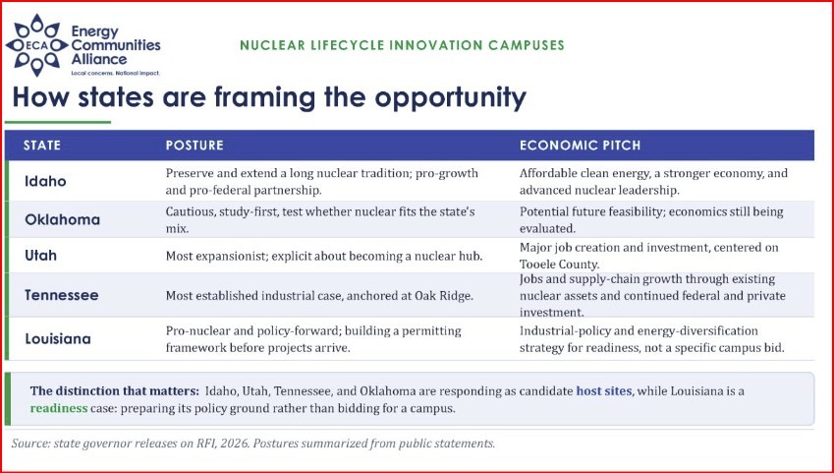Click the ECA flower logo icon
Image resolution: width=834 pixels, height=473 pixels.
[x=36, y=45]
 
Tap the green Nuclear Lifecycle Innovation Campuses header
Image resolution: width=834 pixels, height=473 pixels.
[x=402, y=45]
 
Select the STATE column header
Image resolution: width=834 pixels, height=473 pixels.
[x=42, y=146]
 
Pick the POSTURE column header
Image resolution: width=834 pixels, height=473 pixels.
[x=195, y=146]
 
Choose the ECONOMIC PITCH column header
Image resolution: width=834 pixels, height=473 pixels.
[x=581, y=146]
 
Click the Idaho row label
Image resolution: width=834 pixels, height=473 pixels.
[x=46, y=181]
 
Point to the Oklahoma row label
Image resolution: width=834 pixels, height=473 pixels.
[x=62, y=219]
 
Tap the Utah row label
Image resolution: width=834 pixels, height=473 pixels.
[x=40, y=255]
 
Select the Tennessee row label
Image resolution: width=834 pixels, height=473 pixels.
[x=62, y=295]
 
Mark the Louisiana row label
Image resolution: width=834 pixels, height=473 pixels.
[x=58, y=338]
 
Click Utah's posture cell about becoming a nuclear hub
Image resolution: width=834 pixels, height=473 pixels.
[x=324, y=257]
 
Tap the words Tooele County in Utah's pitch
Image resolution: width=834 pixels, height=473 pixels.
[x=560, y=265]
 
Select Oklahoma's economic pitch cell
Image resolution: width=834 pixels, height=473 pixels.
[x=651, y=220]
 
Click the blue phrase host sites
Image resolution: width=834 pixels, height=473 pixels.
[x=604, y=391]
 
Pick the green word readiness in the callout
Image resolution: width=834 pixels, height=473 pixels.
[x=59, y=408]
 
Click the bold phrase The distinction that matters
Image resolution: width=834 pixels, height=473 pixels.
[x=115, y=391]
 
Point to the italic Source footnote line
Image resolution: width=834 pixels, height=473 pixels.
[x=253, y=443]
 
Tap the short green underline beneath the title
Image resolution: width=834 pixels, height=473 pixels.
[x=58, y=122]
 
